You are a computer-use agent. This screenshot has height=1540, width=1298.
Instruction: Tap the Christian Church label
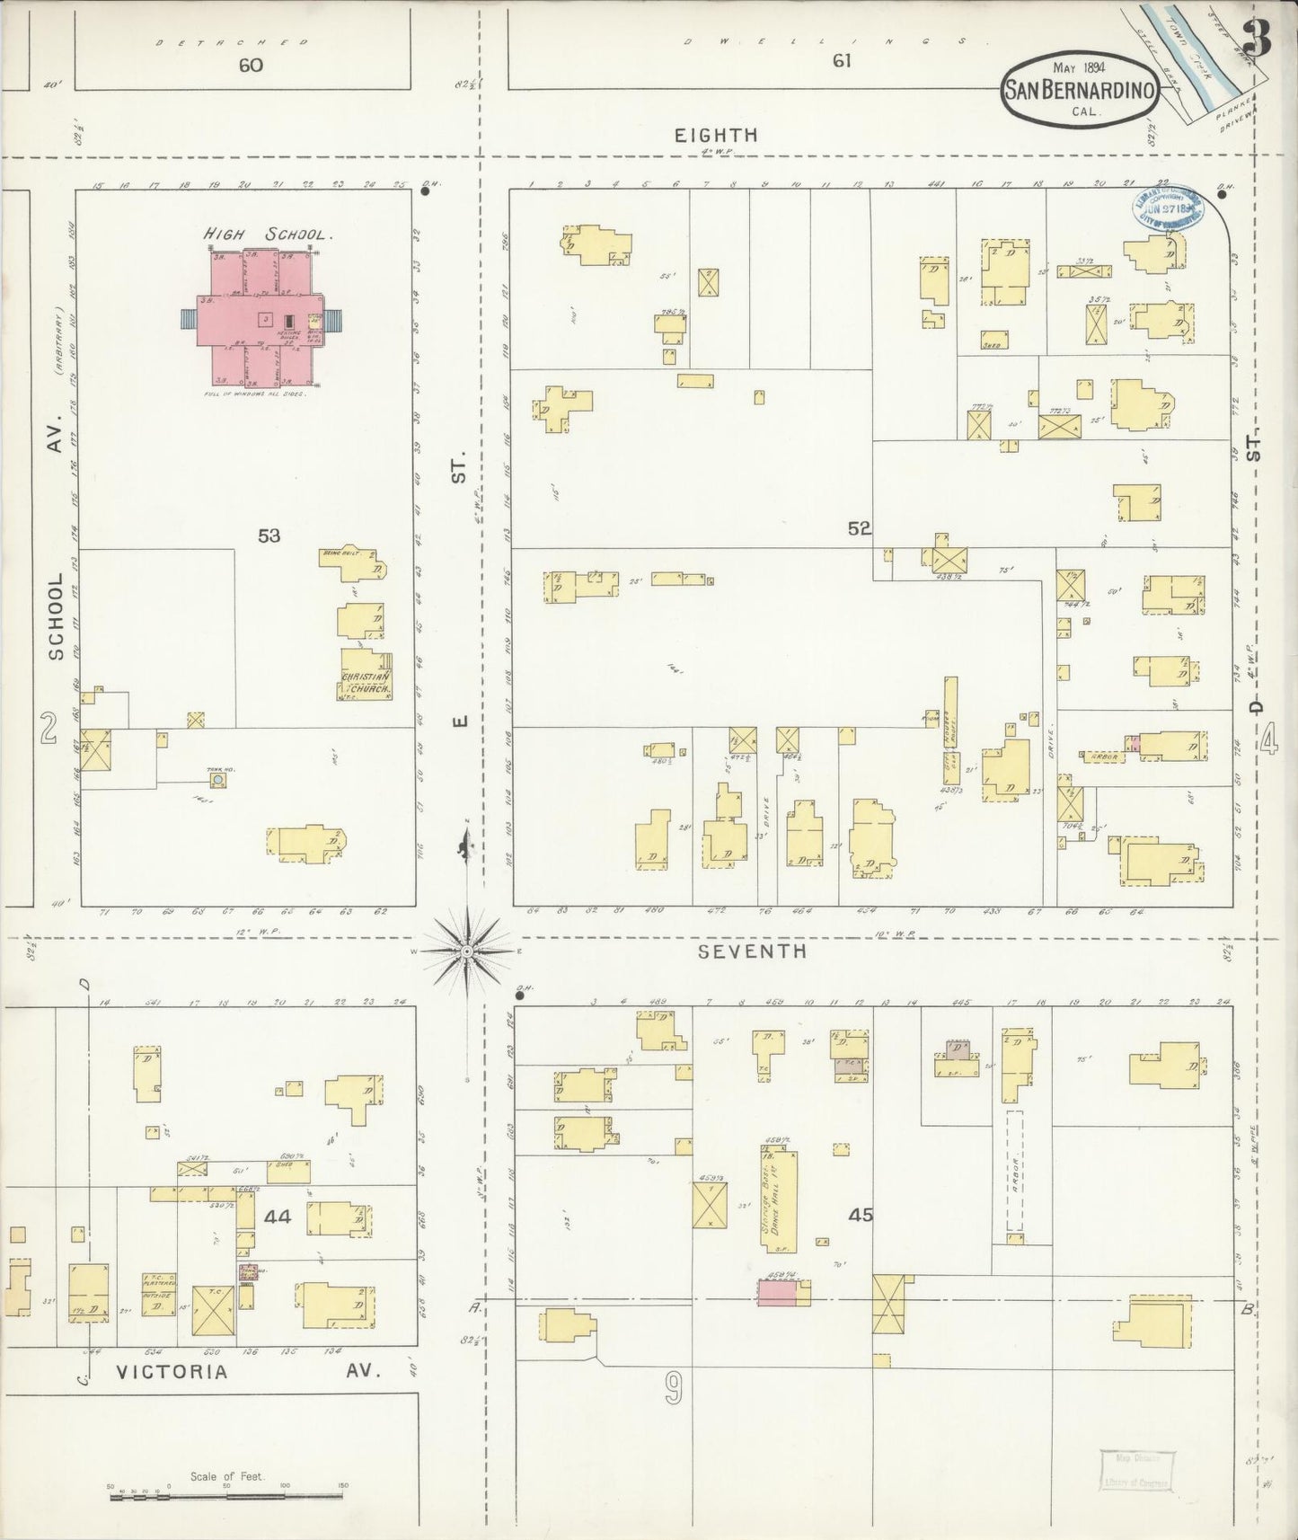[366, 683]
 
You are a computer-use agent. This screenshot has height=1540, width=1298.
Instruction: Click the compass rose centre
[467, 950]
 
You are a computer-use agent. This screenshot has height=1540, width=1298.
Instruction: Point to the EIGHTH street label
[716, 136]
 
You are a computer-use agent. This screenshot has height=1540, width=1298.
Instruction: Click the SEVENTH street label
[753, 951]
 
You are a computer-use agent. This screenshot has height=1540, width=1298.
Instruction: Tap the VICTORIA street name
[172, 1372]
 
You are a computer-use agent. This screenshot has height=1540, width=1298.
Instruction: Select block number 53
[269, 536]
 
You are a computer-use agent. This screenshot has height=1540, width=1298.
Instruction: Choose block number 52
[859, 529]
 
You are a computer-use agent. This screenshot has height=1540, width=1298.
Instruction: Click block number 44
[278, 1217]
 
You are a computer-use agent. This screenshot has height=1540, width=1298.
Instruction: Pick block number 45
[861, 1215]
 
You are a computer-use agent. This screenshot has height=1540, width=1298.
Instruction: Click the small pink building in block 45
[776, 1293]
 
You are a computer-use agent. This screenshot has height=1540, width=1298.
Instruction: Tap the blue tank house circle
[216, 781]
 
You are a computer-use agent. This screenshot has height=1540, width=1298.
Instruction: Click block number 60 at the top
[251, 65]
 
